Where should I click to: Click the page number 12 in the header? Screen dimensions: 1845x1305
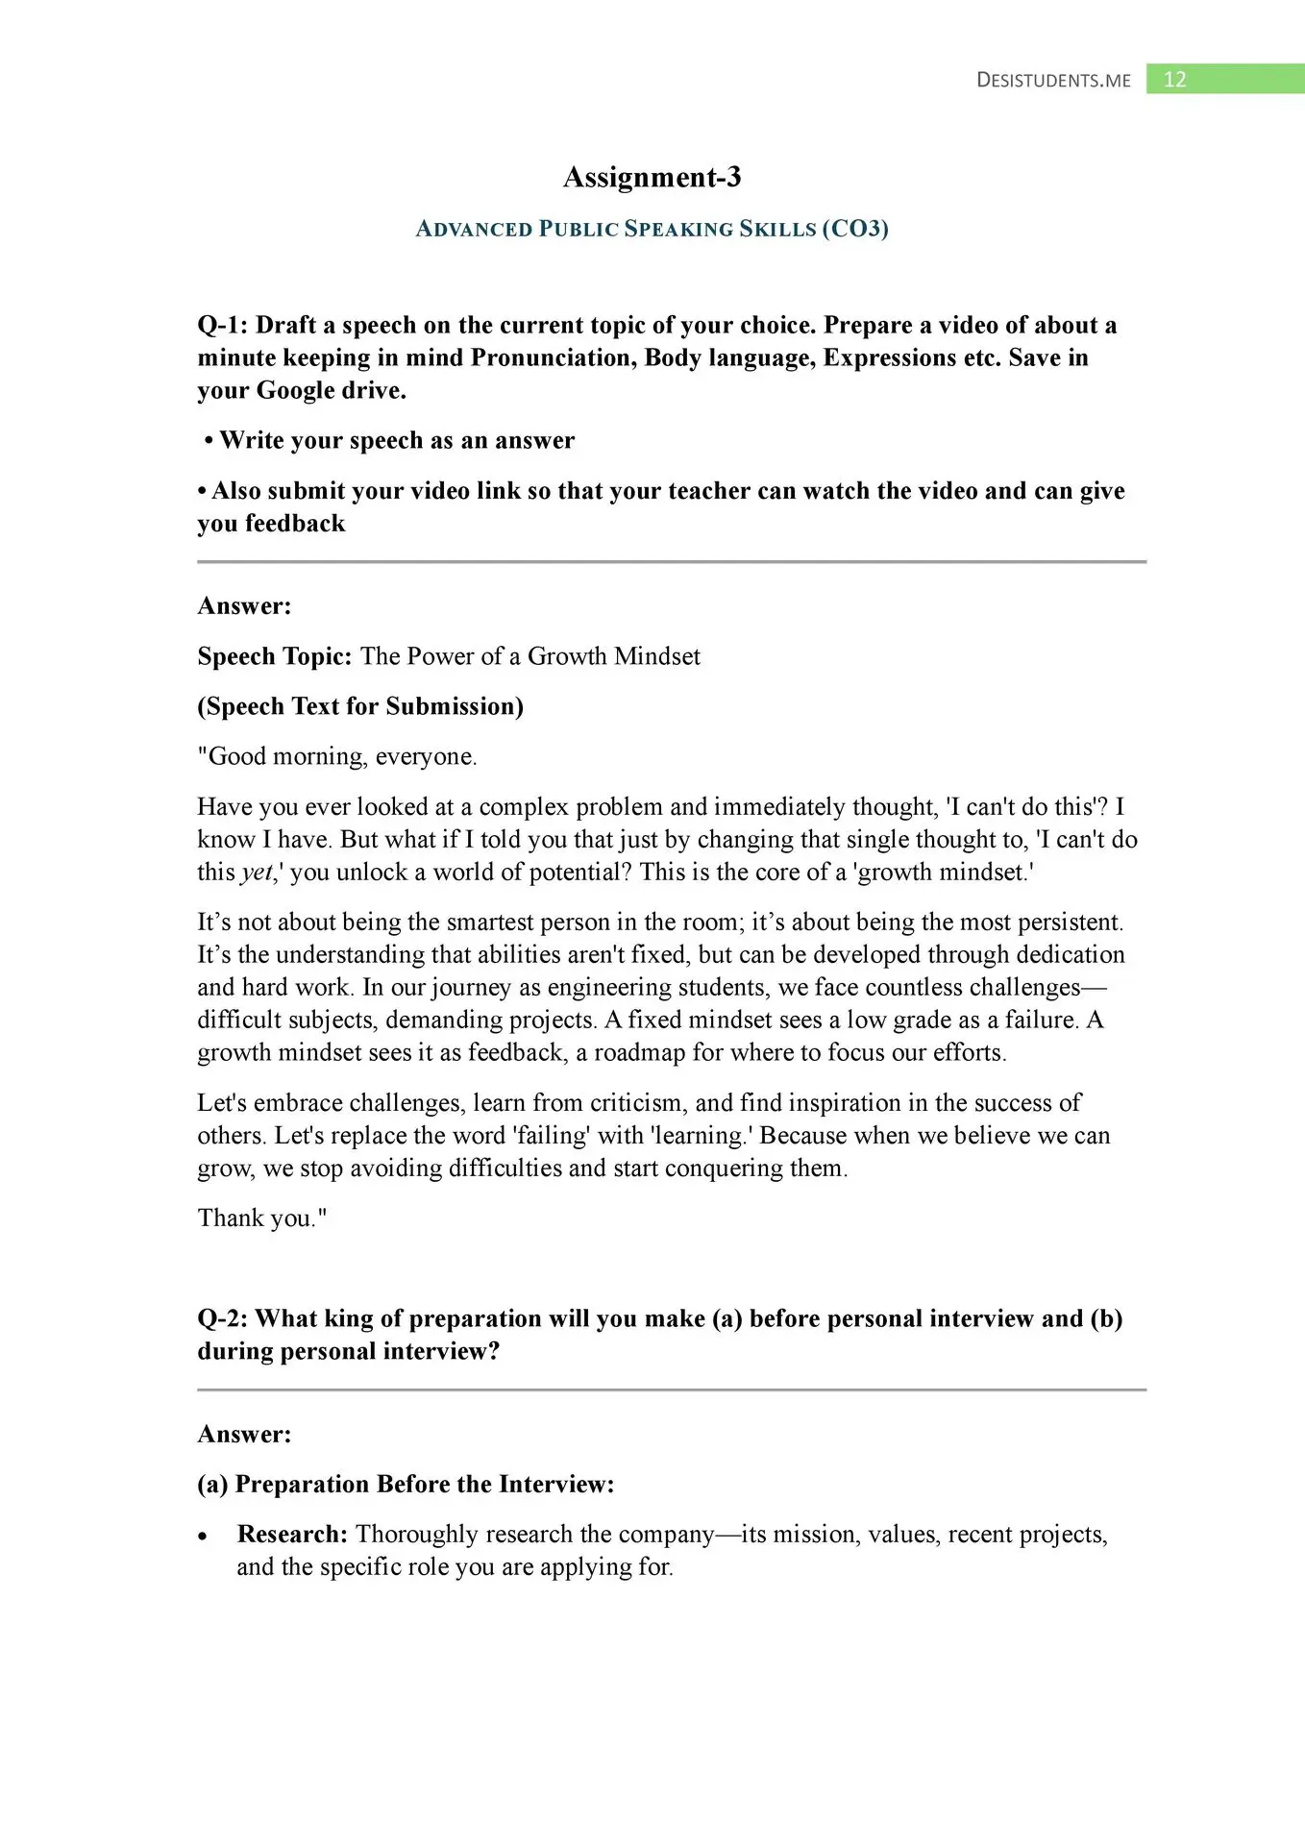[1174, 80]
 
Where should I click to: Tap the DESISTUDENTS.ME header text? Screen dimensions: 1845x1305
[1053, 81]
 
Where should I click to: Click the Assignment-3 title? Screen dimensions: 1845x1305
[652, 178]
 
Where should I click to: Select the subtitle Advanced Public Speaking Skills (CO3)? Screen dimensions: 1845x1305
[652, 229]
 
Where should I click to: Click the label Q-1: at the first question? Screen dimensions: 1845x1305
[222, 326]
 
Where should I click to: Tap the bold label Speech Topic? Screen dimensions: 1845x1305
[275, 656]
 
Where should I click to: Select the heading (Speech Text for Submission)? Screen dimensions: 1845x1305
[360, 706]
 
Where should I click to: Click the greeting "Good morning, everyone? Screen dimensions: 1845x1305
[337, 757]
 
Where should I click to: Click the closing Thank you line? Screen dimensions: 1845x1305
[261, 1218]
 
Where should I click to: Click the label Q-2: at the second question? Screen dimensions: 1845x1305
[222, 1318]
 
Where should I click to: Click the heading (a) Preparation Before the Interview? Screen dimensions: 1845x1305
[406, 1485]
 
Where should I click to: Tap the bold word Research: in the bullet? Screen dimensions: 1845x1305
[292, 1535]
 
